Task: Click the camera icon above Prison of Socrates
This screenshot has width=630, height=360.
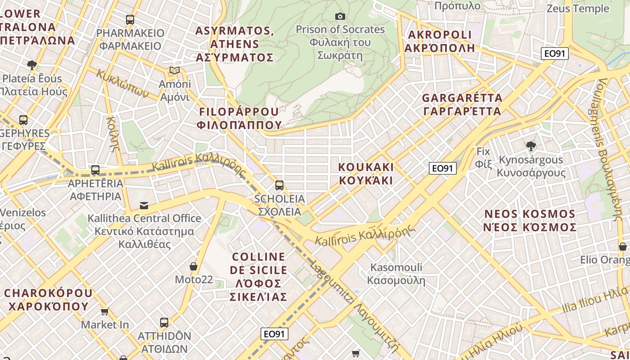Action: point(340,17)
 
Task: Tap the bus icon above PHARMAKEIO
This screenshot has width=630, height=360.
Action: point(130,20)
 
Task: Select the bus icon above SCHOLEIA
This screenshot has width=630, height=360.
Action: point(279,185)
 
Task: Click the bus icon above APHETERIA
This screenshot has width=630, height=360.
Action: point(95,170)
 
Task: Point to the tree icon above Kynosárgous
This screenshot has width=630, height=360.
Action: point(531,146)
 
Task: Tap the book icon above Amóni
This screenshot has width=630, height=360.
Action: point(175,71)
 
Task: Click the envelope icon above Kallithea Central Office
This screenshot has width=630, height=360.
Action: point(144,206)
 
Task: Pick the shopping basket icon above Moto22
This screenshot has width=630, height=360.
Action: point(193,266)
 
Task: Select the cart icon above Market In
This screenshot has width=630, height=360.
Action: point(105,311)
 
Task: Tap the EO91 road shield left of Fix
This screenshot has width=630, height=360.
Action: point(443,168)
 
